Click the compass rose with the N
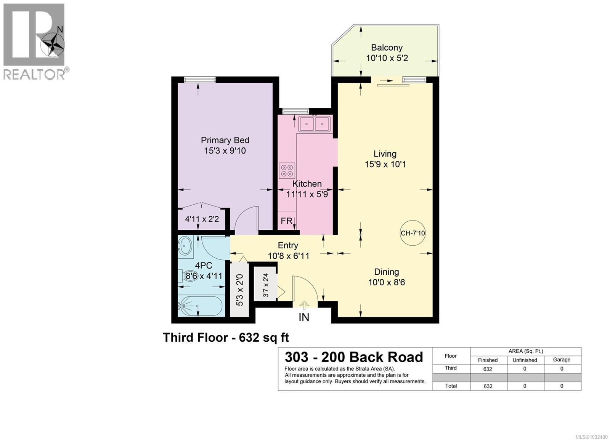click(53, 44)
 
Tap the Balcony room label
click(387, 48)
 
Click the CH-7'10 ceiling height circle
click(413, 233)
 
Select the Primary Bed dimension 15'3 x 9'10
click(225, 151)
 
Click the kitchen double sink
click(315, 124)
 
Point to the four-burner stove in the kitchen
click(287, 170)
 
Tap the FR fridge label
click(286, 221)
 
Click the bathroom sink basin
click(185, 246)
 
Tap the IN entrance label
click(304, 317)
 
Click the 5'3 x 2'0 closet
click(239, 290)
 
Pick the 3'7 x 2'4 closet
click(266, 285)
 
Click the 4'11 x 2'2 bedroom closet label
click(202, 219)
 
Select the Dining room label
click(386, 272)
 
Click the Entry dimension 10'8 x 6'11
click(288, 256)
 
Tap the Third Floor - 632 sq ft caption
click(226, 338)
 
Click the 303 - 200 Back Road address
click(354, 357)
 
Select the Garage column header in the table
click(562, 360)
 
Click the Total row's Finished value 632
click(488, 386)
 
